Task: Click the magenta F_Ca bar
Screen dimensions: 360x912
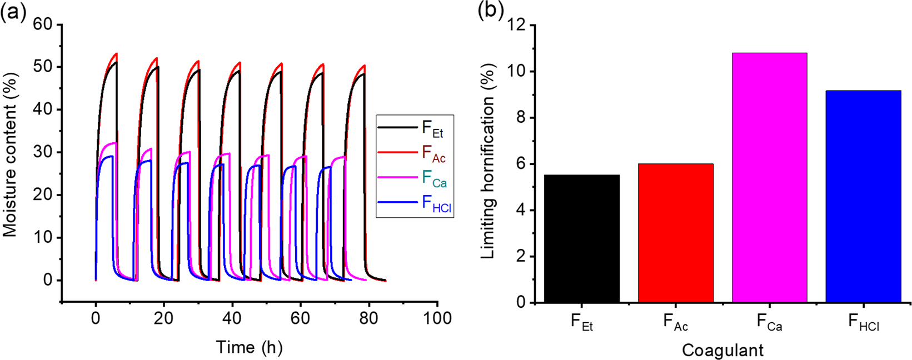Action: pyautogui.click(x=769, y=178)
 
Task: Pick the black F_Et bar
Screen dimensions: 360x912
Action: pyautogui.click(x=581, y=239)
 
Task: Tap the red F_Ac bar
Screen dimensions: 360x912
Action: pyautogui.click(x=675, y=233)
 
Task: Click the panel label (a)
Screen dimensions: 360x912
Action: pyautogui.click(x=13, y=12)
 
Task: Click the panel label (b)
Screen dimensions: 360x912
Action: pyautogui.click(x=491, y=12)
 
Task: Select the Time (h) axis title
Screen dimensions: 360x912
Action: pyautogui.click(x=249, y=348)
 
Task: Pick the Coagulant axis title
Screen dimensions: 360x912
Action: pyautogui.click(x=722, y=351)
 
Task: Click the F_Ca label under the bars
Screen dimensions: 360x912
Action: pyautogui.click(x=769, y=323)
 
